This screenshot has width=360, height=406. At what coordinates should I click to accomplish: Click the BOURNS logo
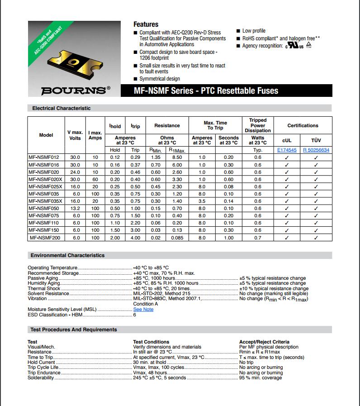[75, 90]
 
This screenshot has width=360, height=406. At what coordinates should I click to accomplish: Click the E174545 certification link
[287, 150]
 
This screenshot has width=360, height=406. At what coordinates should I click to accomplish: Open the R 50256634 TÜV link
[316, 150]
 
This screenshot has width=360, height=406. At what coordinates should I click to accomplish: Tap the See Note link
[143, 309]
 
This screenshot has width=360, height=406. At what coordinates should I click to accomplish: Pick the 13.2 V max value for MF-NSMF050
[75, 208]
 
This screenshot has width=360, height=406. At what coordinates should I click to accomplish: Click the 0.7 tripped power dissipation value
[257, 237]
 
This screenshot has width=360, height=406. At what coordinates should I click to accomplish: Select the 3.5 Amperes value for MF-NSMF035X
[202, 201]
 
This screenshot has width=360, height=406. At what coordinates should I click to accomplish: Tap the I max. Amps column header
[95, 135]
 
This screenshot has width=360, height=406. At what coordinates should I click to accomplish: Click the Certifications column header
[303, 125]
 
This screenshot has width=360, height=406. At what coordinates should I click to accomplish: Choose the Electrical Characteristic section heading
[61, 108]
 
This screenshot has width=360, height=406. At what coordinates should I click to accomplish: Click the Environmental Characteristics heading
[68, 255]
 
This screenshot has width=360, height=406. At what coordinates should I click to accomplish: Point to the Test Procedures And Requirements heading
[74, 330]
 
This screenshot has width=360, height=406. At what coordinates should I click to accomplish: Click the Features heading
[146, 24]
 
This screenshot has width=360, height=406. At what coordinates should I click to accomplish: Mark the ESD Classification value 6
[134, 315]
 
